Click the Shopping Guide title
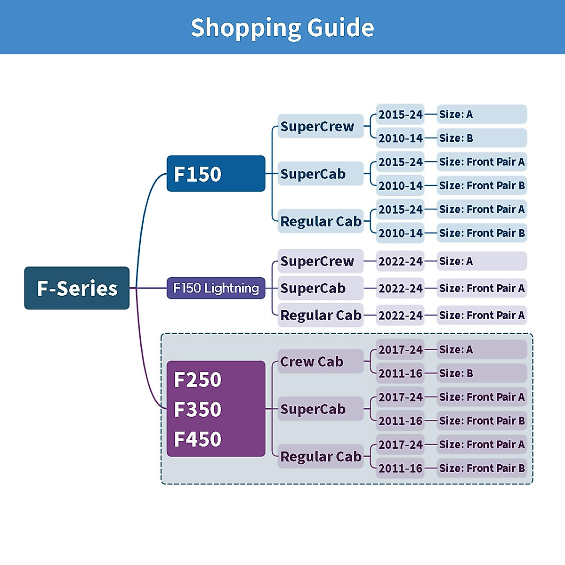[x=282, y=27]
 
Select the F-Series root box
[x=77, y=288]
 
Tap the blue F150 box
[x=216, y=174]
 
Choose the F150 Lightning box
[x=216, y=288]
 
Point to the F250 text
[x=198, y=380]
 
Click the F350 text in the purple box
[x=198, y=410]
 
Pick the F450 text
[x=198, y=439]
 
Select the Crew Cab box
[x=320, y=362]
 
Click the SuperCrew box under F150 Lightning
[x=320, y=261]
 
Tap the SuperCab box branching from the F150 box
[x=320, y=174]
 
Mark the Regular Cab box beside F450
[x=320, y=456]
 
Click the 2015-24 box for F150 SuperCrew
[x=400, y=114]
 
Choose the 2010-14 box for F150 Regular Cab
[x=400, y=233]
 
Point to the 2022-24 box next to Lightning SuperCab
[x=400, y=288]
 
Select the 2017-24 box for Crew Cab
[x=400, y=350]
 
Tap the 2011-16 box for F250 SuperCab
[x=400, y=421]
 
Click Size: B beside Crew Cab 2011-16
[x=481, y=373]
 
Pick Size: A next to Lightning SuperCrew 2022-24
[x=481, y=261]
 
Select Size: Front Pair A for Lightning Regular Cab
[x=481, y=315]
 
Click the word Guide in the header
[x=340, y=27]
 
